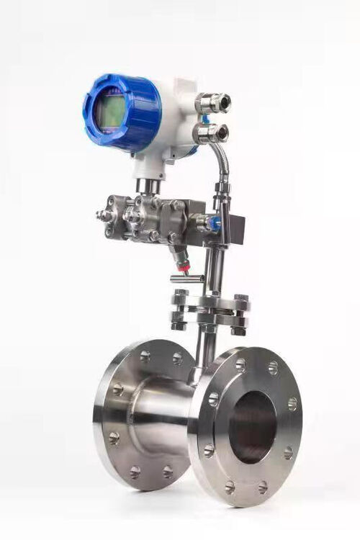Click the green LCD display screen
point(111,112)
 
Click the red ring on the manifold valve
point(184,268)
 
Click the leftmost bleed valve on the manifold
point(106,214)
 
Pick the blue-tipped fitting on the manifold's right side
point(213,224)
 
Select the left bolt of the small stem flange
point(179,310)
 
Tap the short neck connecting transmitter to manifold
point(148,186)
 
